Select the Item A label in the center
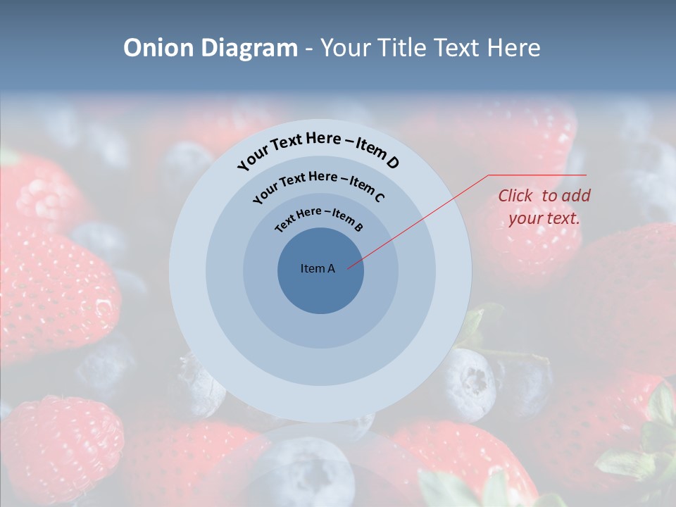(x=318, y=268)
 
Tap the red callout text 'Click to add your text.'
(x=544, y=207)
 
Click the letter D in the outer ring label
(x=392, y=163)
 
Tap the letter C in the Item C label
(x=379, y=197)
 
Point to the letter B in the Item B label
(x=358, y=227)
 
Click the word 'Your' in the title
(x=346, y=48)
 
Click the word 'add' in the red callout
(x=576, y=196)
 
